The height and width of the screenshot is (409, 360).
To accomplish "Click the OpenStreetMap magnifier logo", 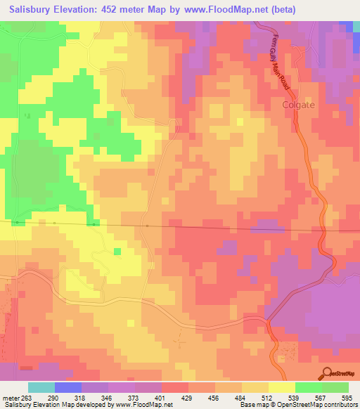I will pos(327,372).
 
